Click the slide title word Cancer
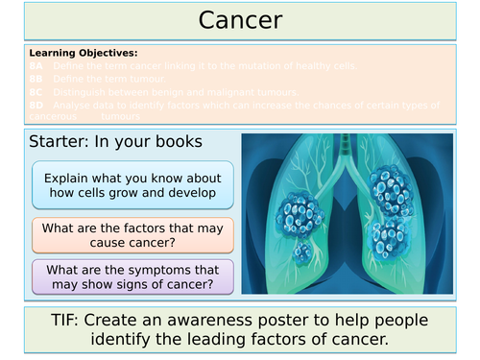(239, 20)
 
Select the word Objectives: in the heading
(105, 52)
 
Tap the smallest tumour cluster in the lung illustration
(302, 252)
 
